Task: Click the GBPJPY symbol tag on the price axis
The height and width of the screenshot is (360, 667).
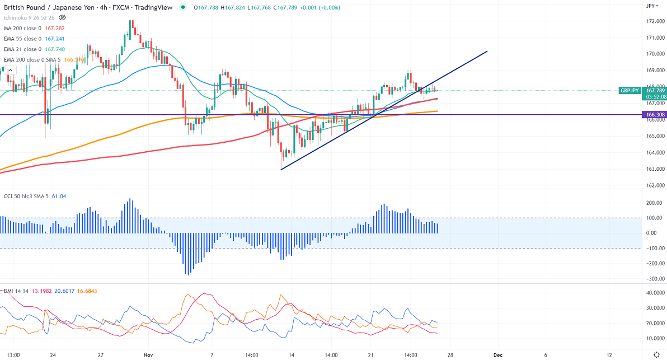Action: (630, 90)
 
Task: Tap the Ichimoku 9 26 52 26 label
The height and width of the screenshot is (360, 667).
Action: (28, 18)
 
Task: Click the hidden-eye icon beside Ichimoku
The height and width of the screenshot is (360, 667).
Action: (62, 18)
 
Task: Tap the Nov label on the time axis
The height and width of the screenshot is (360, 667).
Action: (148, 355)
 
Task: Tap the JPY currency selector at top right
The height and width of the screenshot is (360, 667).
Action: (651, 6)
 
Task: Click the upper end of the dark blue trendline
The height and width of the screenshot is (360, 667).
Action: (487, 52)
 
